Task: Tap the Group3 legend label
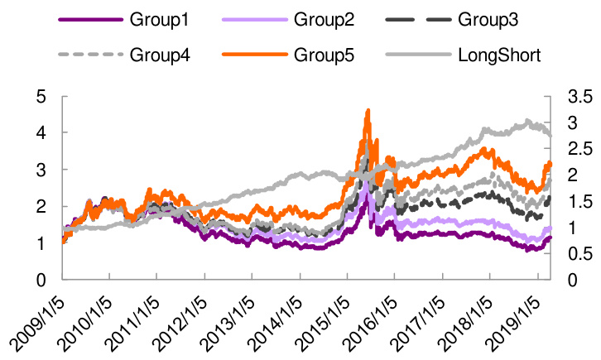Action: coord(493,19)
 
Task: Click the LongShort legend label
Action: coord(499,55)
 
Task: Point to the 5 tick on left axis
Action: coord(39,96)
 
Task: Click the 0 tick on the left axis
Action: coord(39,280)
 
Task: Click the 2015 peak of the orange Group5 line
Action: coord(368,110)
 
